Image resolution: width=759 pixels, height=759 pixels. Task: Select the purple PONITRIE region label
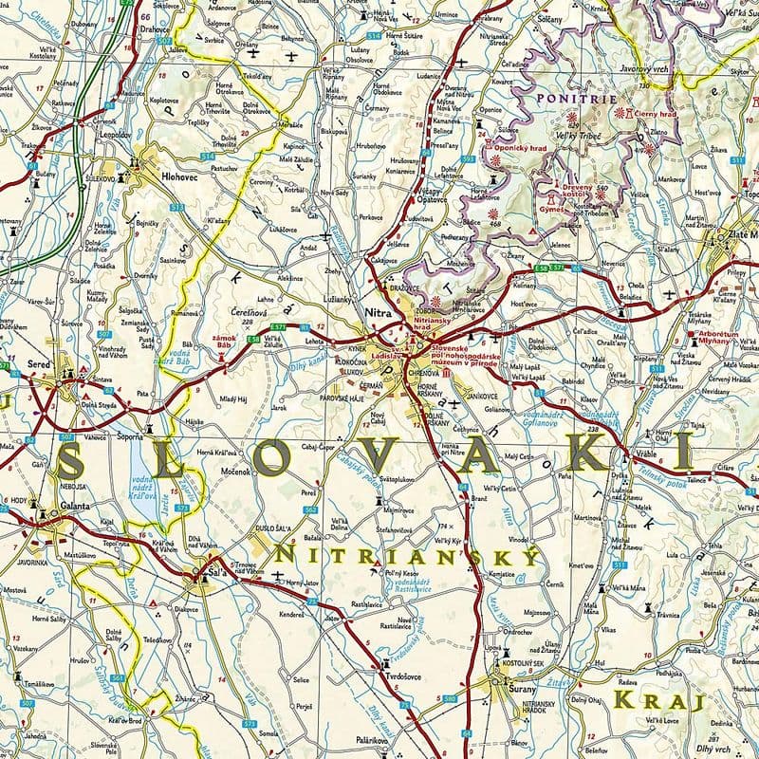[562, 97]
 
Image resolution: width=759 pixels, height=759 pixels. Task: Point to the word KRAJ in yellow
[660, 702]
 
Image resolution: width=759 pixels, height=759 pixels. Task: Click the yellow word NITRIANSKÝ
[408, 552]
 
